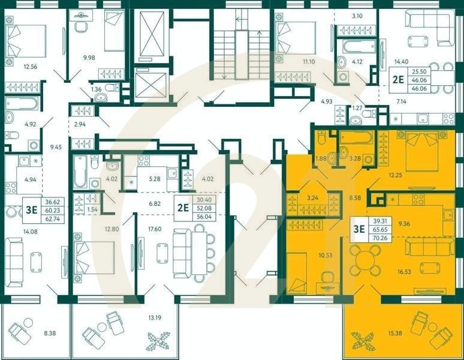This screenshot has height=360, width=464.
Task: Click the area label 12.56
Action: click(x=29, y=67)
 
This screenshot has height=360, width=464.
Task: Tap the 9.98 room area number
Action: click(x=88, y=58)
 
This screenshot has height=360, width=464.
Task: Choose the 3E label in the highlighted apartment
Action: click(x=359, y=227)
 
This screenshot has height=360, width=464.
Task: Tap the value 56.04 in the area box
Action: click(x=203, y=217)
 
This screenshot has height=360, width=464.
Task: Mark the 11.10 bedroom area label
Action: click(x=309, y=61)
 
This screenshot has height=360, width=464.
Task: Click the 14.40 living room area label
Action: click(x=401, y=61)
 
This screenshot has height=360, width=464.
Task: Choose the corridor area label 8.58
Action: click(x=356, y=197)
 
